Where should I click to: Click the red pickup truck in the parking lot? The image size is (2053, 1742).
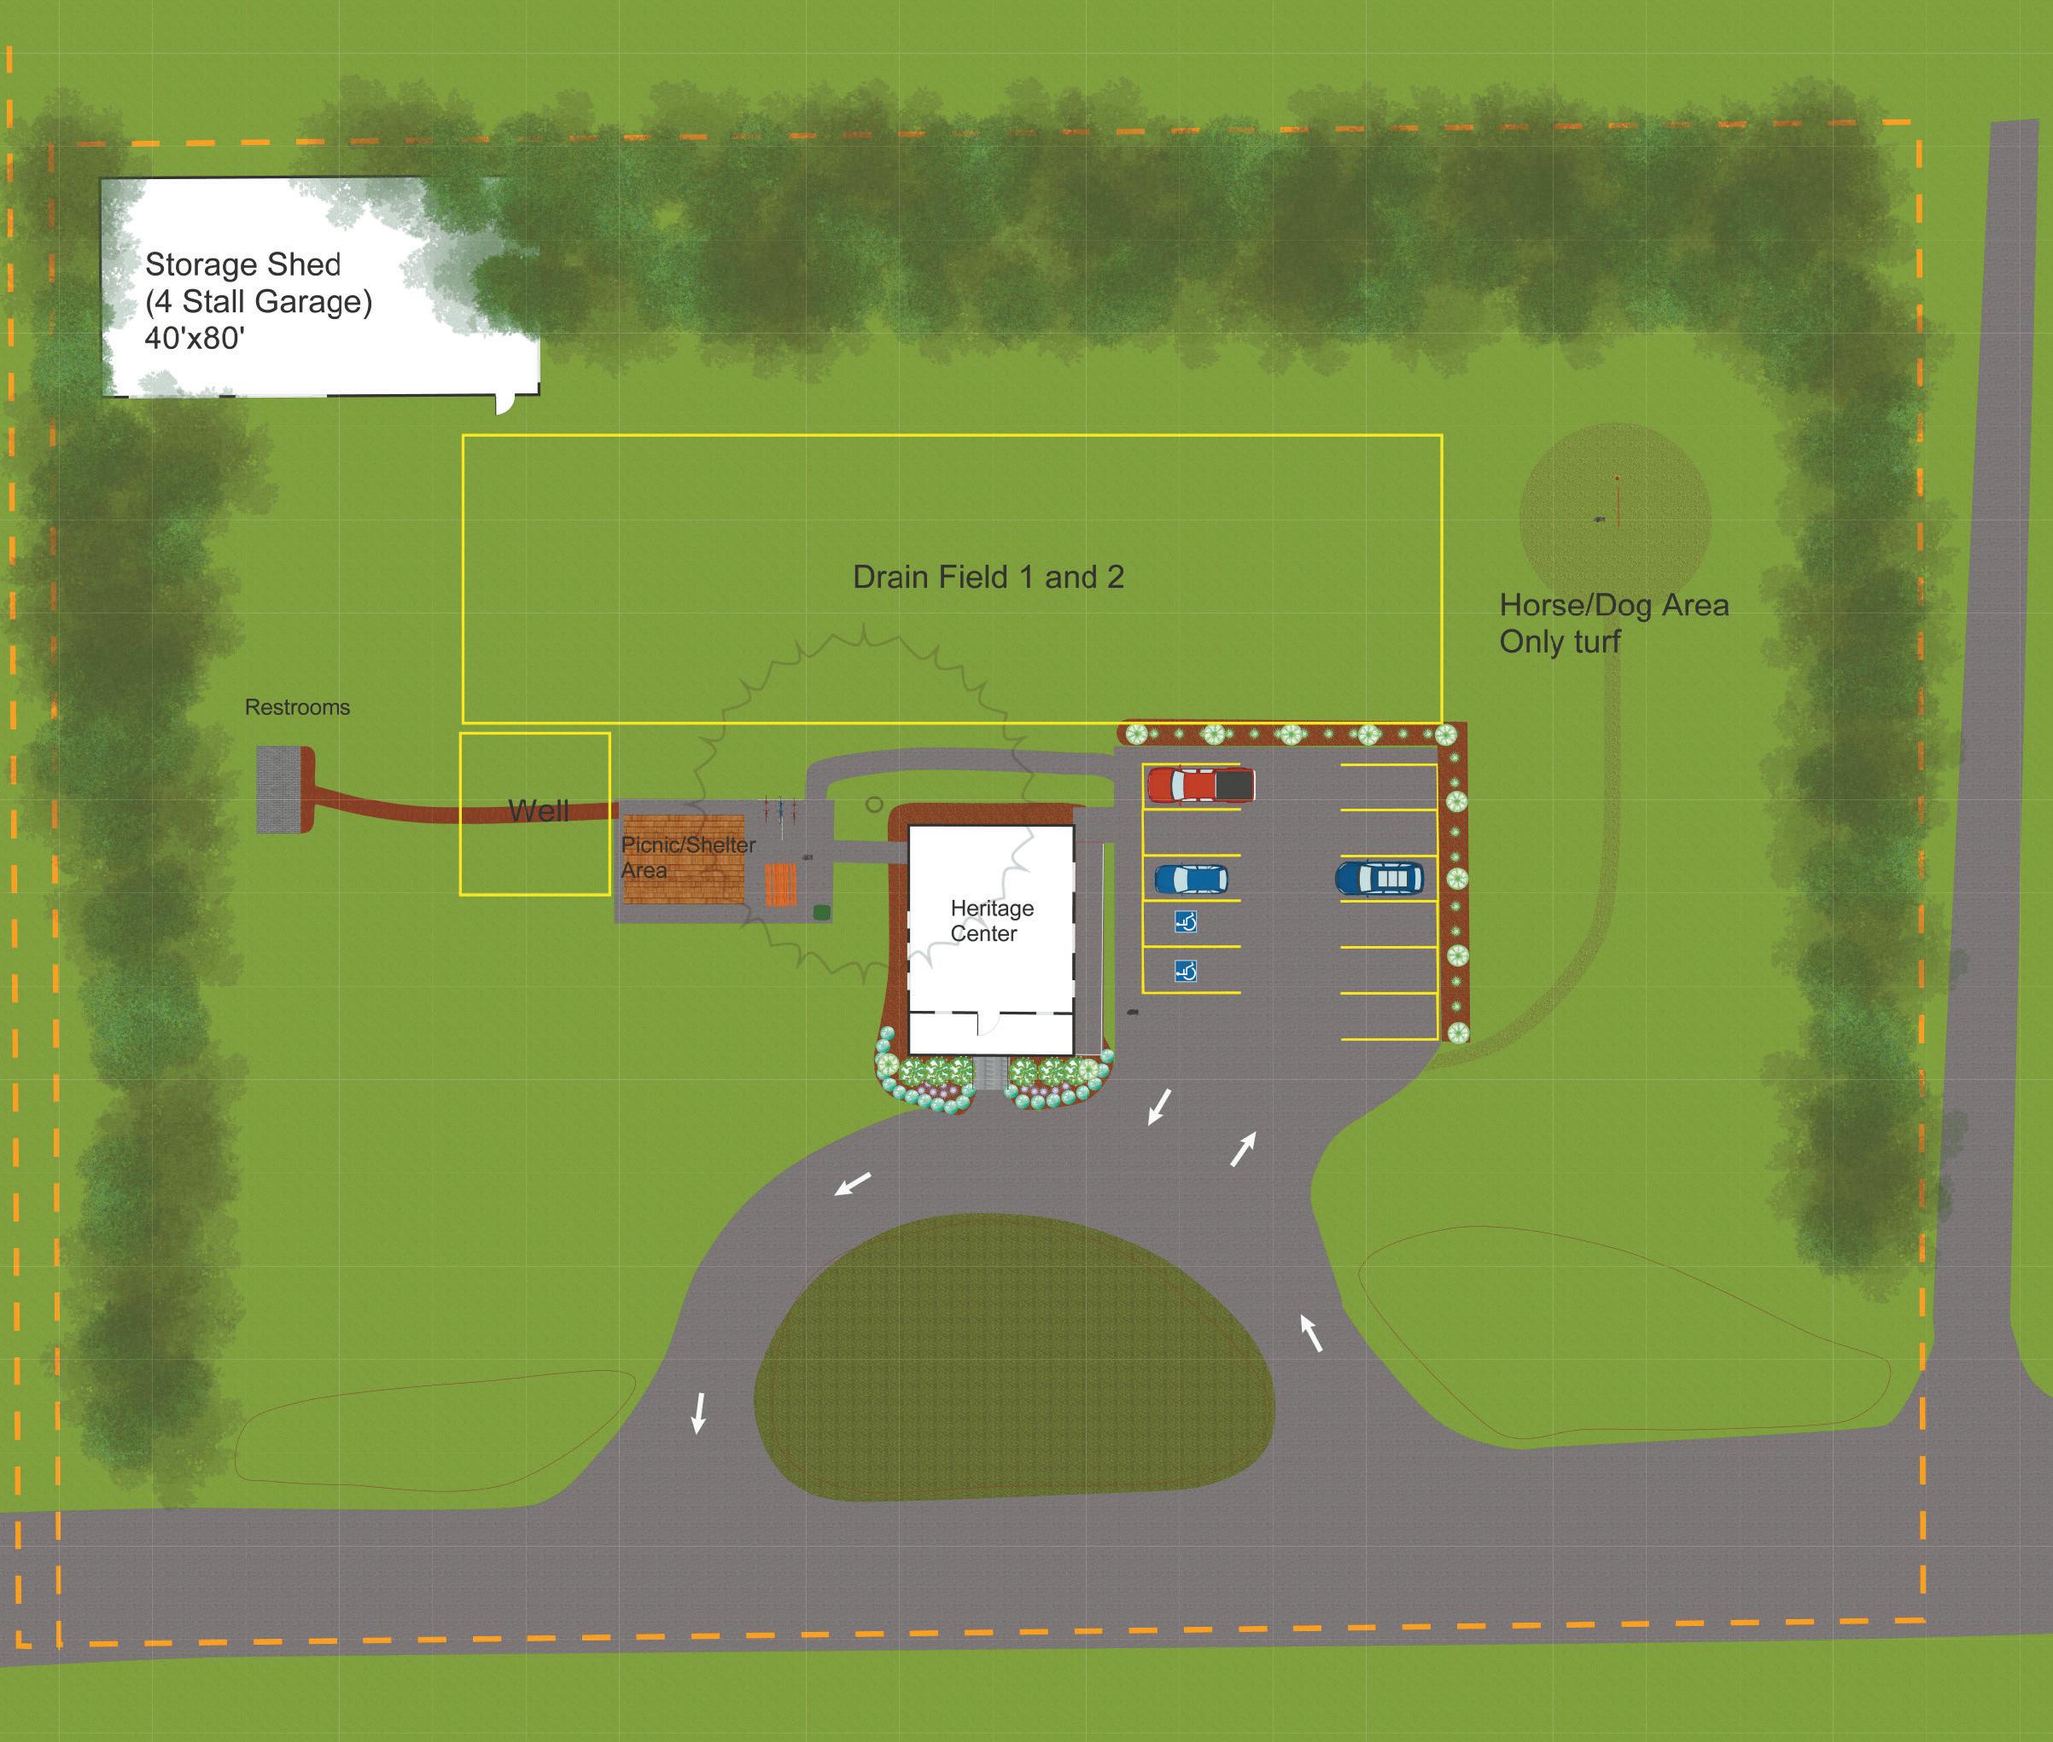1200,785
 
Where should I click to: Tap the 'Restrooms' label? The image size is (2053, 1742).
297,707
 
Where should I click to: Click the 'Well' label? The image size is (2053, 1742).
539,810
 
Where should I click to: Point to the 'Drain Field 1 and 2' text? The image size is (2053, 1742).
988,577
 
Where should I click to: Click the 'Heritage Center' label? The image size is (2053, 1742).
991,920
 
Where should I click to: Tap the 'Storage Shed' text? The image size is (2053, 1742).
243,264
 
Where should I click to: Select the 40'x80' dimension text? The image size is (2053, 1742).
195,339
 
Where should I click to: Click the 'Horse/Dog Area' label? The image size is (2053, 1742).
1613,606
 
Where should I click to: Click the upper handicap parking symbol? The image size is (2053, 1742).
1186,921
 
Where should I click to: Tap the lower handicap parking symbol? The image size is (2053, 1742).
1186,972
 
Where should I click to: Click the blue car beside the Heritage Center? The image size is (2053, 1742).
1191,878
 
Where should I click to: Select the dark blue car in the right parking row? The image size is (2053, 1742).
1379,877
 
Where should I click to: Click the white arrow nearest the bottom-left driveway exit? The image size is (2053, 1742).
698,1412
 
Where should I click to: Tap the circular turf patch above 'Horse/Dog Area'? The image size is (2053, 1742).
1614,518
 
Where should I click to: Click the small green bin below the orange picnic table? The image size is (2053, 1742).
821,911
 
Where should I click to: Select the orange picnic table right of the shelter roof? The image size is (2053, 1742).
779,885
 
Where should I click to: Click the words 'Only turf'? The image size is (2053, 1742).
1559,642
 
